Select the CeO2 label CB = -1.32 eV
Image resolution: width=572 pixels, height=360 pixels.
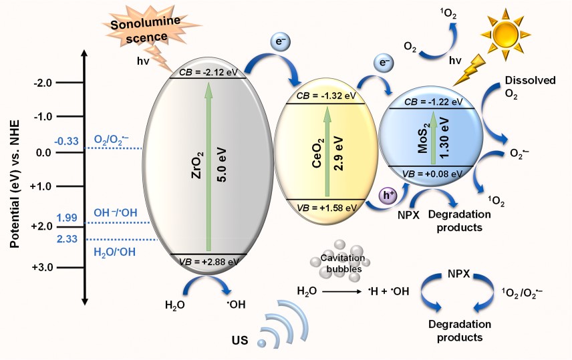tap(326, 98)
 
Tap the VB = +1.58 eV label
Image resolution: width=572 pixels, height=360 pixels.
tap(326, 206)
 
